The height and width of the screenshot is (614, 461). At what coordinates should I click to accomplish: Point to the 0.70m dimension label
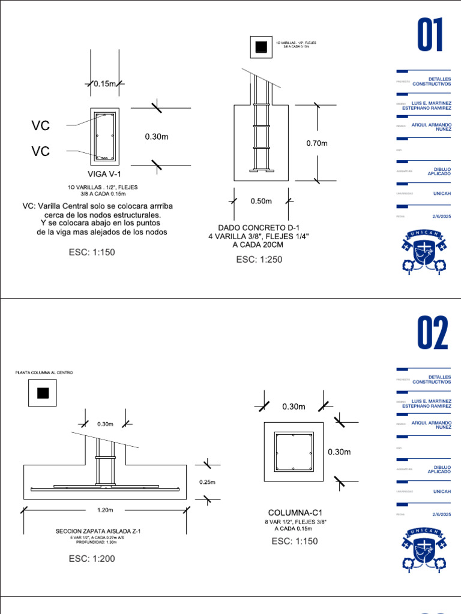(317, 143)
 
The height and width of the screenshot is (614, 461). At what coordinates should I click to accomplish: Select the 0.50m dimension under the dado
(261, 201)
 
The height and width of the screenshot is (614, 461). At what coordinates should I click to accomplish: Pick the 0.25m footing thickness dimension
(207, 481)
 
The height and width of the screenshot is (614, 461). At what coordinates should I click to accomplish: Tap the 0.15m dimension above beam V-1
(104, 84)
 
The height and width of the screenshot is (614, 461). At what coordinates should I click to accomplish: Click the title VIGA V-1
(104, 174)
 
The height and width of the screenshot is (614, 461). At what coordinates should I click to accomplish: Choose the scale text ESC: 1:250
(259, 260)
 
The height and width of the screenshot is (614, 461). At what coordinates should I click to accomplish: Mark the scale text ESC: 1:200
(91, 559)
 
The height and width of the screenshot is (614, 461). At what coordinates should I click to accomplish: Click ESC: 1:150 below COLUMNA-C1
(294, 541)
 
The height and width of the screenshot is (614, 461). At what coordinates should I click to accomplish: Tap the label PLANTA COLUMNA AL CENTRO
(44, 373)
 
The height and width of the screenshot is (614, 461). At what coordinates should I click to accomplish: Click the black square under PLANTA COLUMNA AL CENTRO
(43, 393)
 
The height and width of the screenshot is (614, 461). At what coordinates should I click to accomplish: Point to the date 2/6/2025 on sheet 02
(441, 514)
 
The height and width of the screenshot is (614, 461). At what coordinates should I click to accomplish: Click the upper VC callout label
(41, 125)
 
